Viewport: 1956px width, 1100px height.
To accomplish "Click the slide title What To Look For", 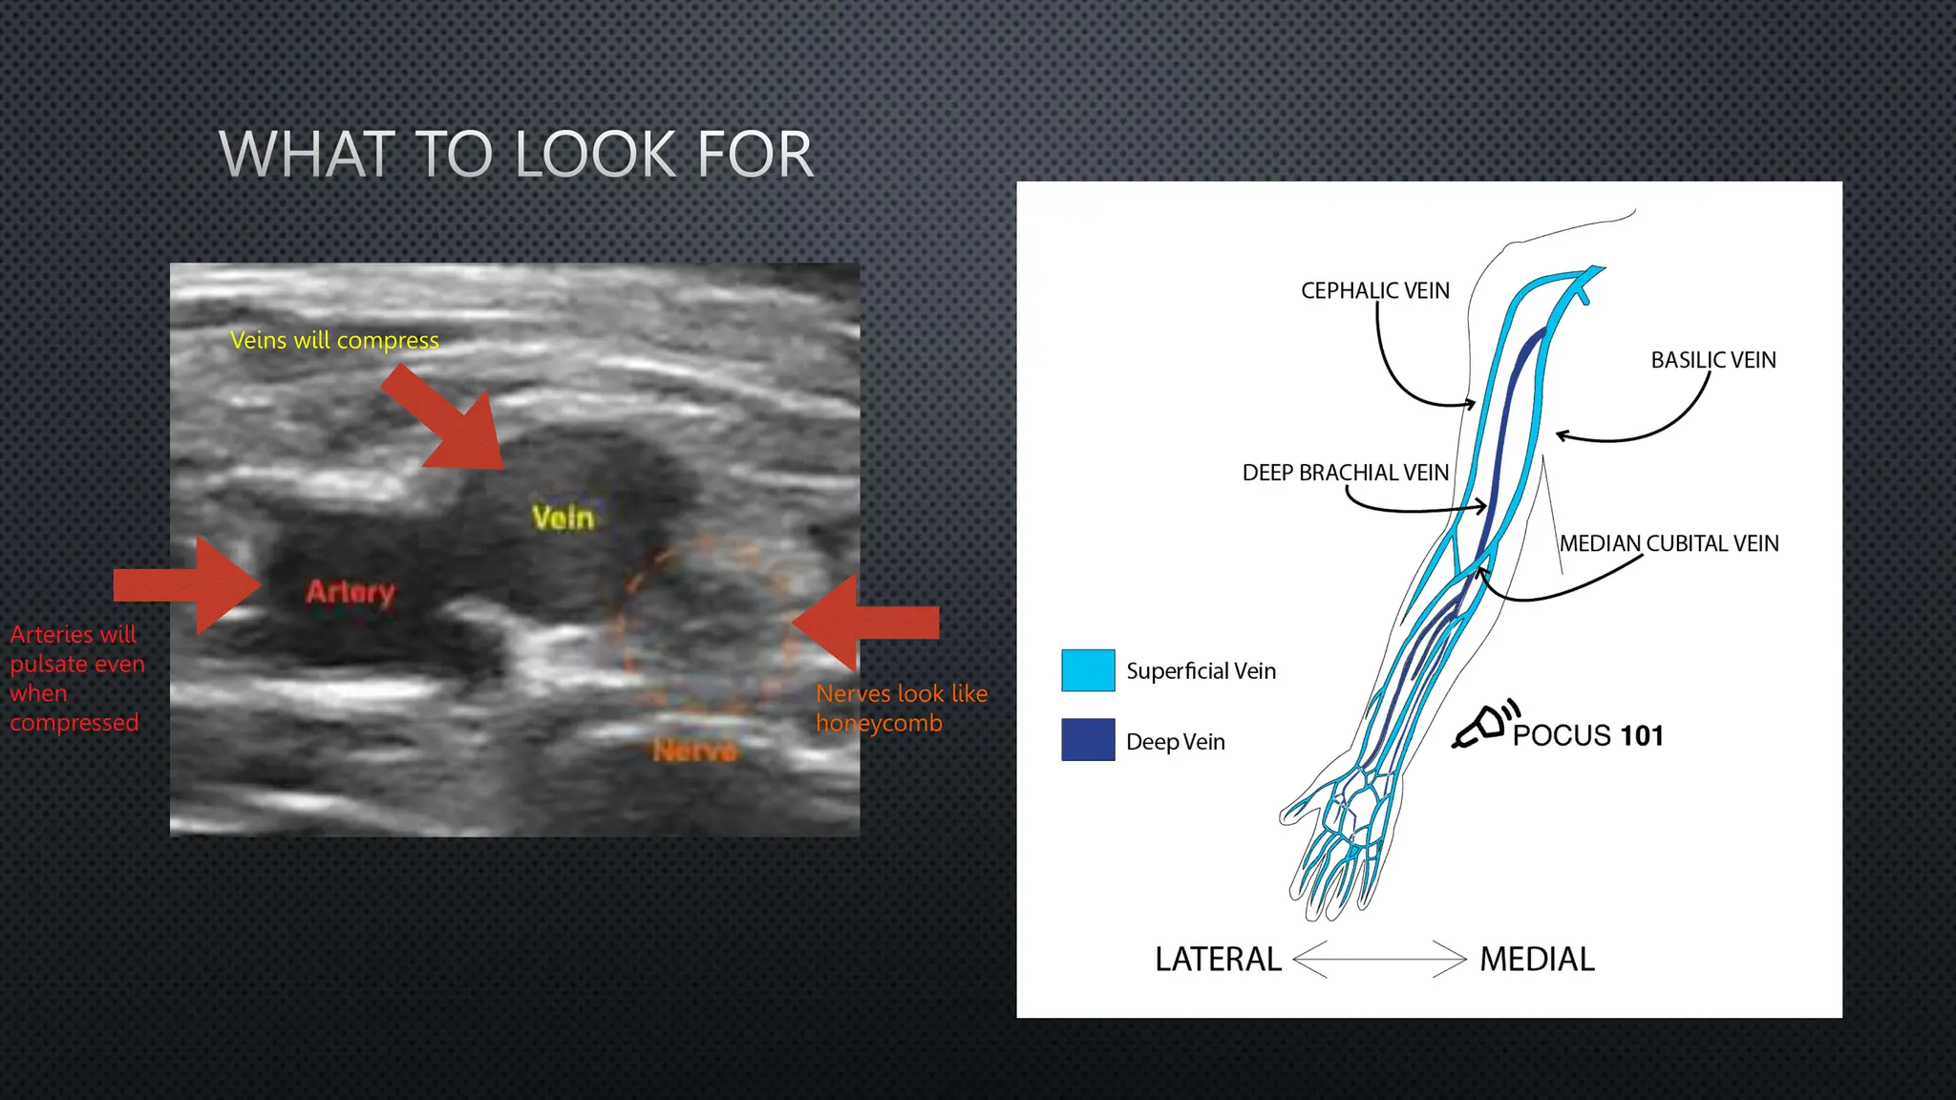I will point(516,154).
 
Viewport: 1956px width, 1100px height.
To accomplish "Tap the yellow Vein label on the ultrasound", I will point(563,518).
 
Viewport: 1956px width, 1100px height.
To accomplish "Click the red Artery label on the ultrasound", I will point(350,592).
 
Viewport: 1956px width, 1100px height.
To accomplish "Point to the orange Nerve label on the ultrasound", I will point(694,751).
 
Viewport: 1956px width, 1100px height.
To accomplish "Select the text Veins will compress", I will point(334,340).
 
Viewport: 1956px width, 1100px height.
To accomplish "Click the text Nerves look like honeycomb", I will point(901,708).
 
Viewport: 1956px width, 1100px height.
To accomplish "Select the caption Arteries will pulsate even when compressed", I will point(76,678).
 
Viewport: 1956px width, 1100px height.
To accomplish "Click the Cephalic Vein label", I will point(1374,290).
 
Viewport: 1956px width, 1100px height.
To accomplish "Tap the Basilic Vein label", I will point(1712,360).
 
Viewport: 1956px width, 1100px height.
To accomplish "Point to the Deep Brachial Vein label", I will point(1345,473).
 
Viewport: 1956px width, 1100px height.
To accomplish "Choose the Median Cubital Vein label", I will point(1669,543).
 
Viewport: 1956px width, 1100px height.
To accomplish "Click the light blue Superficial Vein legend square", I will point(1088,670).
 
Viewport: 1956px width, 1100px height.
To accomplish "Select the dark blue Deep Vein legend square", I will point(1088,740).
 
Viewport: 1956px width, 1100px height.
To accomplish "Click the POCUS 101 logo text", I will point(1586,735).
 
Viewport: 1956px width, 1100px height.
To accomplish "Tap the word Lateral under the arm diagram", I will point(1218,959).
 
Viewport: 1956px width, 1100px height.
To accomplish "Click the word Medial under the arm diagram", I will point(1537,959).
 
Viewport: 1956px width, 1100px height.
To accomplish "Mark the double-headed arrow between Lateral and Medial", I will point(1379,959).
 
